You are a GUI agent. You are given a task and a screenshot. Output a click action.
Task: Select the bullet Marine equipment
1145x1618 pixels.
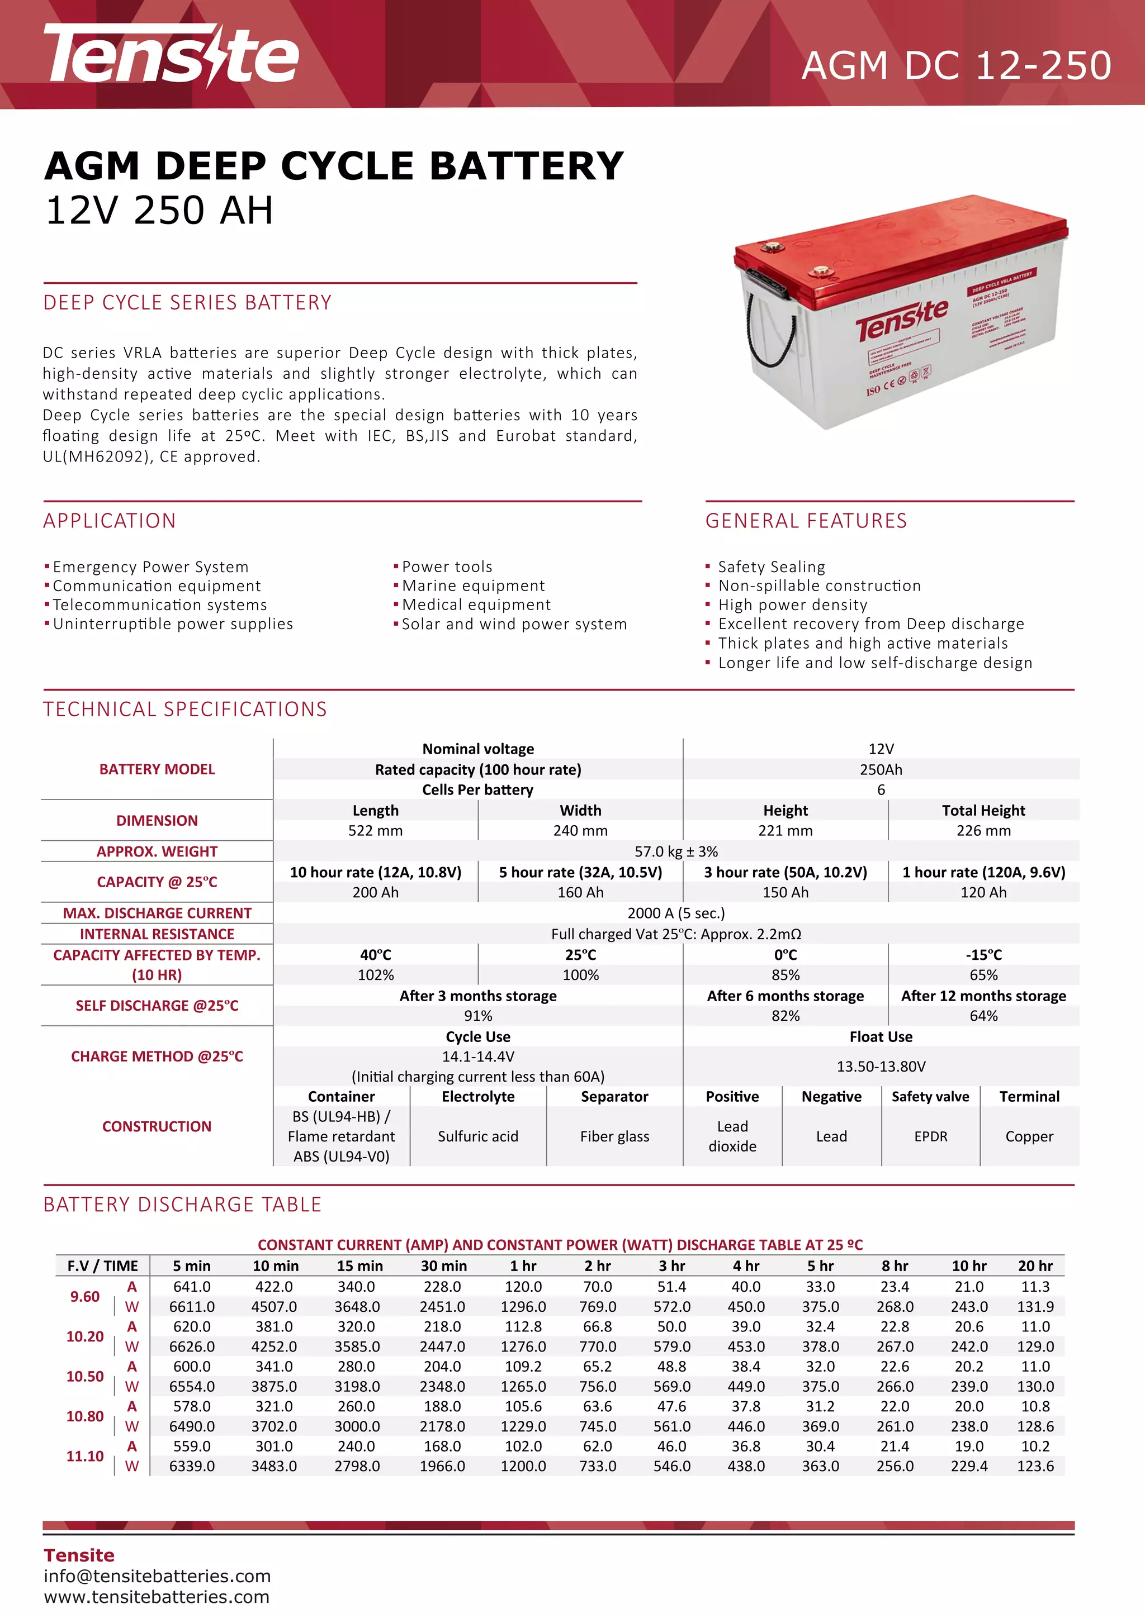point(473,586)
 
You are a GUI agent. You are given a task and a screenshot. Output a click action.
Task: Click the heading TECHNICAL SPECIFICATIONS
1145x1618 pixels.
point(184,709)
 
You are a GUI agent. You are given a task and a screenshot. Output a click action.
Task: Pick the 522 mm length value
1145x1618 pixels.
point(375,831)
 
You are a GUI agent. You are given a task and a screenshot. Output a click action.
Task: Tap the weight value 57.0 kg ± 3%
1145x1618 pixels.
point(675,851)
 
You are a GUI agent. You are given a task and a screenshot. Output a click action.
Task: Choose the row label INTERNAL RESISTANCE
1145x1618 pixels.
point(157,934)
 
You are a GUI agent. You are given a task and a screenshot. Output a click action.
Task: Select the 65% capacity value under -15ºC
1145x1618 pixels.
point(983,975)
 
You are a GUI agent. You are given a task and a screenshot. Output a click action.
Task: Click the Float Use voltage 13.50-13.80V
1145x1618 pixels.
point(881,1066)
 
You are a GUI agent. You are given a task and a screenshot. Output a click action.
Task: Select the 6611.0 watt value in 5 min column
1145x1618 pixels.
point(192,1306)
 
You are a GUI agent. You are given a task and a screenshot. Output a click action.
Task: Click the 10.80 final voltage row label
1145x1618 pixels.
point(84,1416)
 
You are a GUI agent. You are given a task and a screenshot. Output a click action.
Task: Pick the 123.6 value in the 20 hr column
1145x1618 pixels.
point(1035,1466)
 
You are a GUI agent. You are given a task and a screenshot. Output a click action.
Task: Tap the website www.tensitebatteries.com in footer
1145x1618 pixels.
point(157,1597)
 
